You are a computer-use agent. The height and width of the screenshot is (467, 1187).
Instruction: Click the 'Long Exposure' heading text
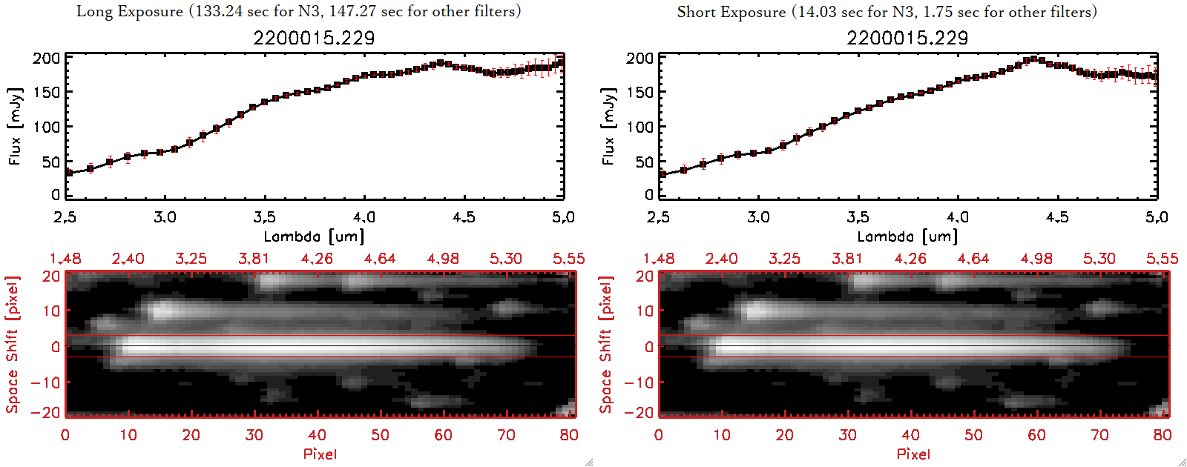tap(130, 11)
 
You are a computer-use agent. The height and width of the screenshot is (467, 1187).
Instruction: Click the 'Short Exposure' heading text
tap(731, 12)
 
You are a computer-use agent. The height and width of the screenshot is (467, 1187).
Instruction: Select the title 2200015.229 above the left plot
tap(314, 38)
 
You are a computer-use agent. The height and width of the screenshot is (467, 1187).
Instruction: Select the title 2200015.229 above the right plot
tap(907, 38)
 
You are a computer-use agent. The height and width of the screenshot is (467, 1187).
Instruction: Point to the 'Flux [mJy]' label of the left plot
tap(15, 127)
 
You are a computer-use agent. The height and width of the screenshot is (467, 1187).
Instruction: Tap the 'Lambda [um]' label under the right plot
tap(907, 236)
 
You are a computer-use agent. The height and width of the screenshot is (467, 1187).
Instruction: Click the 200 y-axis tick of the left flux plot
tap(46, 59)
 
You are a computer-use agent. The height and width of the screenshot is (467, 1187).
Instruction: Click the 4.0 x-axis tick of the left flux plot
tap(364, 217)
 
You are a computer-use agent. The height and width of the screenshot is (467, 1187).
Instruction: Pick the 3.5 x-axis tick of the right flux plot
tap(858, 217)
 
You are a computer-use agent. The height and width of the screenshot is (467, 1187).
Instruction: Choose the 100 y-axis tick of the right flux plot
tap(639, 127)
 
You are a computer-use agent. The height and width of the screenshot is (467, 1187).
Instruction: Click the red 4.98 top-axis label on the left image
tap(443, 259)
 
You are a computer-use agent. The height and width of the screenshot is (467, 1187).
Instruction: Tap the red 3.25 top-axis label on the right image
tap(784, 259)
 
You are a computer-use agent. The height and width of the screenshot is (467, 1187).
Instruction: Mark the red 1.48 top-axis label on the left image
tap(65, 259)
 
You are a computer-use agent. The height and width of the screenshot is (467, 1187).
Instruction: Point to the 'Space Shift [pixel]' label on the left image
tap(12, 345)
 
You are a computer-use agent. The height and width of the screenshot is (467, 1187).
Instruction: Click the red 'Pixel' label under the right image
tap(913, 454)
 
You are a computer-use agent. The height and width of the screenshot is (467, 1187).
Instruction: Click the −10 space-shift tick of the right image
tap(638, 382)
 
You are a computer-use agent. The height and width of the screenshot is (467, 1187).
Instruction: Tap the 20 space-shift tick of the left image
tap(51, 276)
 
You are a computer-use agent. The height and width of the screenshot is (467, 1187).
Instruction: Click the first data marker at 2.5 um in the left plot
tap(68, 173)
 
